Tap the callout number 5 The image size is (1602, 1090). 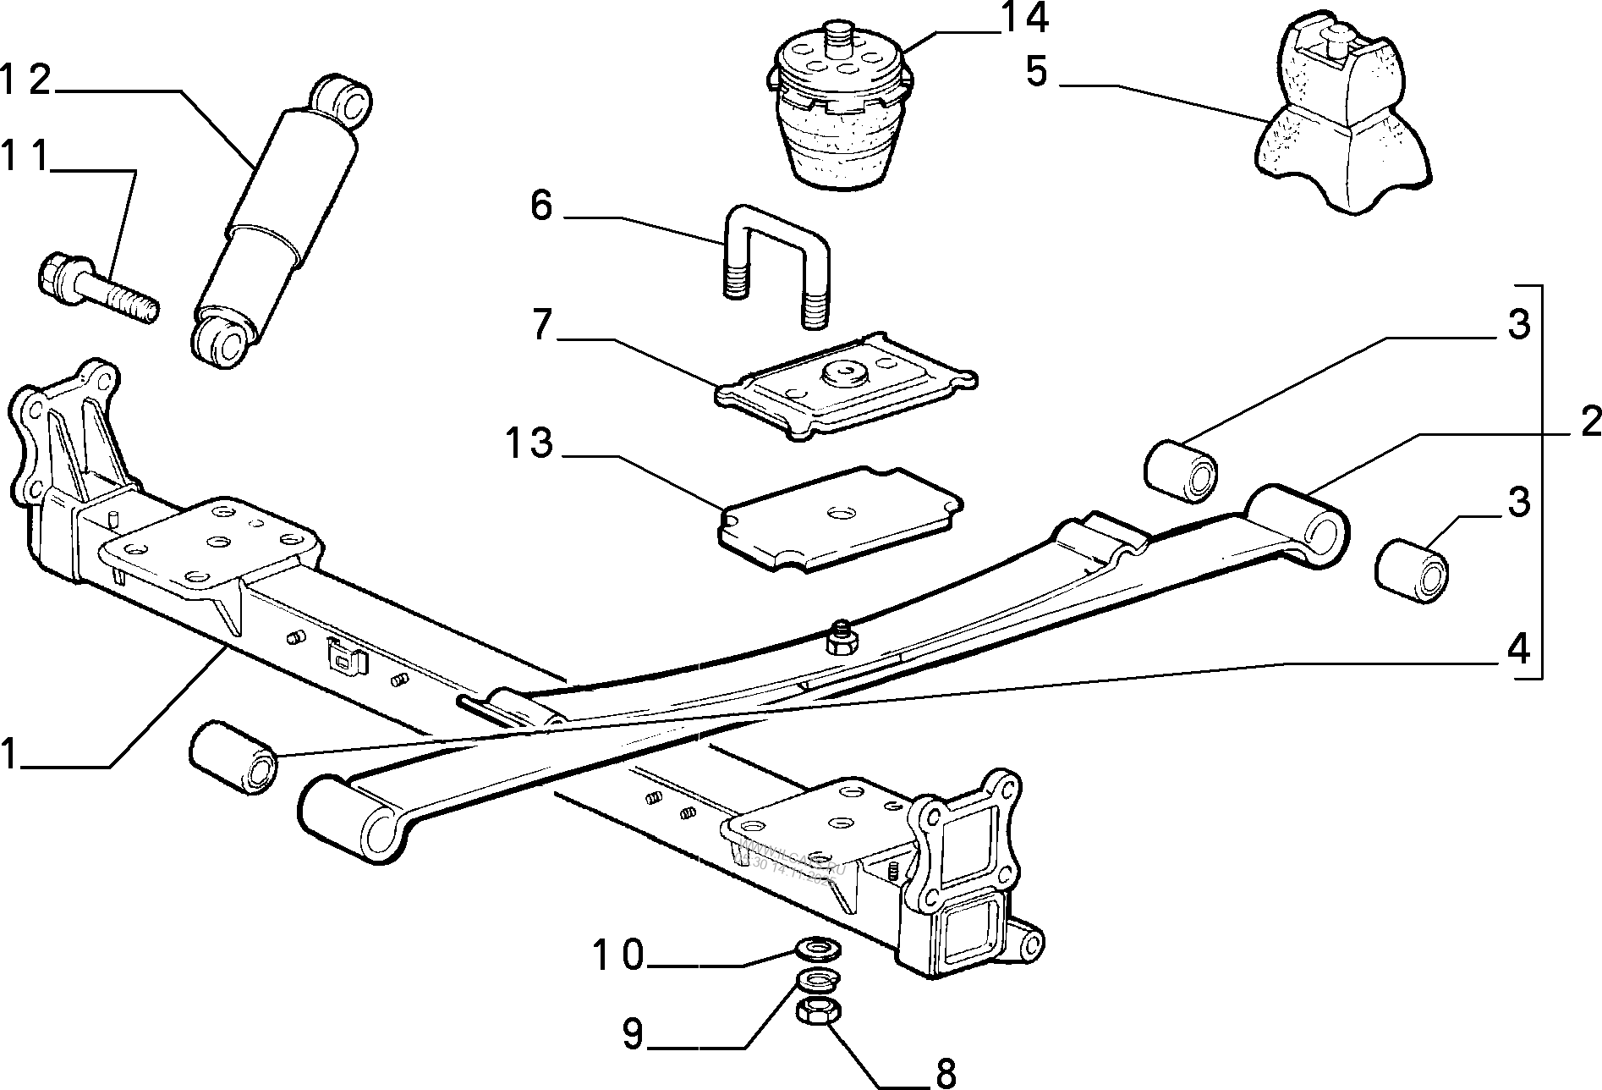(x=1037, y=72)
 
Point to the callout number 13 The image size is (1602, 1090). (x=529, y=443)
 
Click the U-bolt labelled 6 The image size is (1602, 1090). (x=776, y=262)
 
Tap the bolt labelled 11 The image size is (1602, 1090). (x=97, y=288)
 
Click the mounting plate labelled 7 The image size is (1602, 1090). (x=846, y=389)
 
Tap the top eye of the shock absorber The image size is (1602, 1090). (x=345, y=99)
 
